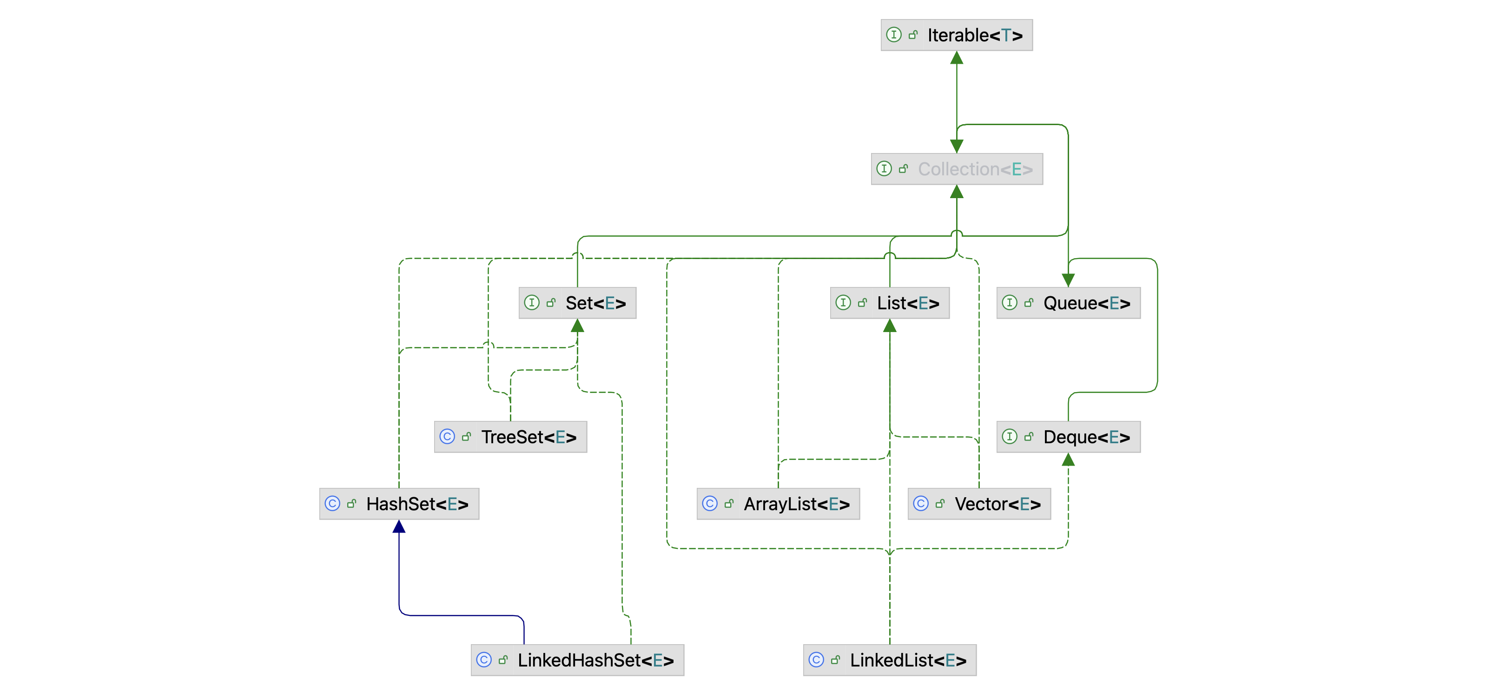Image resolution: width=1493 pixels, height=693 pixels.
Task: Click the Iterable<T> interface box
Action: tap(956, 35)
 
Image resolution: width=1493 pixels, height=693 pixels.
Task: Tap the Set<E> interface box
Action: tap(577, 303)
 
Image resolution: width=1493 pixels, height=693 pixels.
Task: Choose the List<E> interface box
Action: tap(890, 303)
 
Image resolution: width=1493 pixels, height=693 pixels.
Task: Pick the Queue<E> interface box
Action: tap(1068, 303)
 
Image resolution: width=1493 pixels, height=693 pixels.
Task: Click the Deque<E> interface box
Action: tap(1068, 437)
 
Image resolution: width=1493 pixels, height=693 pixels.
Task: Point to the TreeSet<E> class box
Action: tap(510, 437)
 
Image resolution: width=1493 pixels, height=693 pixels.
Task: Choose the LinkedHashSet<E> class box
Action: tap(577, 660)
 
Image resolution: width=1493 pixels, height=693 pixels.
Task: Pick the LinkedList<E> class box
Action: tap(890, 660)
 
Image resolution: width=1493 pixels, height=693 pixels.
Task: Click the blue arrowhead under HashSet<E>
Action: tap(399, 526)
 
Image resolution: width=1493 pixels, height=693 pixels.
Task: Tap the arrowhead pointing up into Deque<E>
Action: tap(1068, 460)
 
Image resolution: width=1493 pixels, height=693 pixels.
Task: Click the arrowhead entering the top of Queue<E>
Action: tap(1068, 280)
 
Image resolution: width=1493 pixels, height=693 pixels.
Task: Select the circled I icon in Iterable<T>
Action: tap(894, 35)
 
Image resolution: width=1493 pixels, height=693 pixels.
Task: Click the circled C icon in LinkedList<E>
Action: tap(816, 660)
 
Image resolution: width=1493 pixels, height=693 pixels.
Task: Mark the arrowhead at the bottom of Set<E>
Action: tap(577, 326)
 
